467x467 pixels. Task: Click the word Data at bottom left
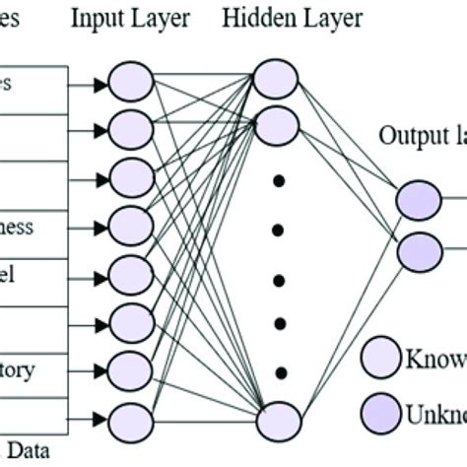(x=33, y=452)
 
